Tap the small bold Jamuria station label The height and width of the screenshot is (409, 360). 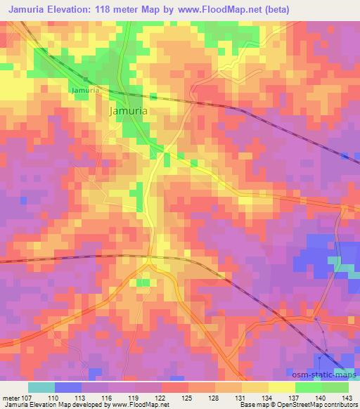[x=84, y=91]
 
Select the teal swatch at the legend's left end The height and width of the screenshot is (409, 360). [x=41, y=387]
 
